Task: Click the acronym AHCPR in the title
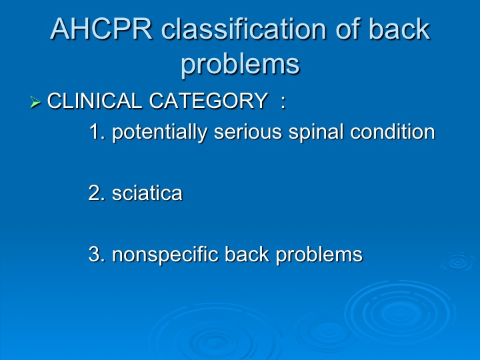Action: [x=101, y=29]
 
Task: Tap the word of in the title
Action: [x=348, y=29]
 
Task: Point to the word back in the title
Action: [x=399, y=29]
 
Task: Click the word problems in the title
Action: [x=240, y=65]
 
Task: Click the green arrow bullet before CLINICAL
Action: [x=35, y=102]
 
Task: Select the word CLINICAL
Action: [x=95, y=101]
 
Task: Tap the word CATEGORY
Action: [x=209, y=101]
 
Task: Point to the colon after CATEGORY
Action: [x=283, y=101]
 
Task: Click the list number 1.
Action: [x=97, y=131]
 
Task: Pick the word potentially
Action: [x=160, y=132]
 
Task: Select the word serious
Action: [x=247, y=132]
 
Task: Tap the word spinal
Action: [x=315, y=132]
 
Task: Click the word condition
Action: [x=393, y=131]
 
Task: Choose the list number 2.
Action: [x=97, y=193]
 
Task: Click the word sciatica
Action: [x=147, y=193]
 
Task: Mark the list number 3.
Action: [x=97, y=255]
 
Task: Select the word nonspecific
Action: [x=165, y=255]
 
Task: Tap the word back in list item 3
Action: [x=247, y=254]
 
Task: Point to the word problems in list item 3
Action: [x=319, y=255]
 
